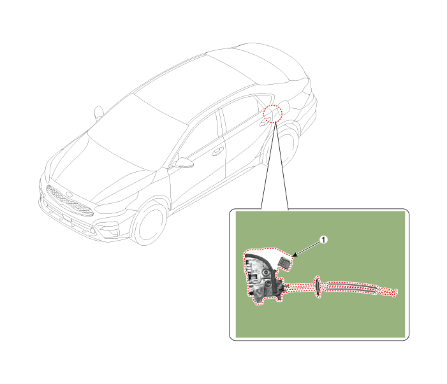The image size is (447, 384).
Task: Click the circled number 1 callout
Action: (323, 240)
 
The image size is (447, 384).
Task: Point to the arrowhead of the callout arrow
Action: (294, 255)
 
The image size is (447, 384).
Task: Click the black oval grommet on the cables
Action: (318, 287)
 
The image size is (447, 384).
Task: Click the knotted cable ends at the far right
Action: (390, 292)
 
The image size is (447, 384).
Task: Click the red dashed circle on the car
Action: (272, 113)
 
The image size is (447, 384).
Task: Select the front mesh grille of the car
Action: (70, 201)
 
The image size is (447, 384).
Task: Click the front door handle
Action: (217, 151)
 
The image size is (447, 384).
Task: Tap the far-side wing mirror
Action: (99, 112)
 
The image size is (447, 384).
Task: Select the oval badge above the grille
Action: (70, 195)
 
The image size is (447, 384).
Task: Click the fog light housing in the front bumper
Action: (108, 229)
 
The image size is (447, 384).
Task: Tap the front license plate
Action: (67, 218)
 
